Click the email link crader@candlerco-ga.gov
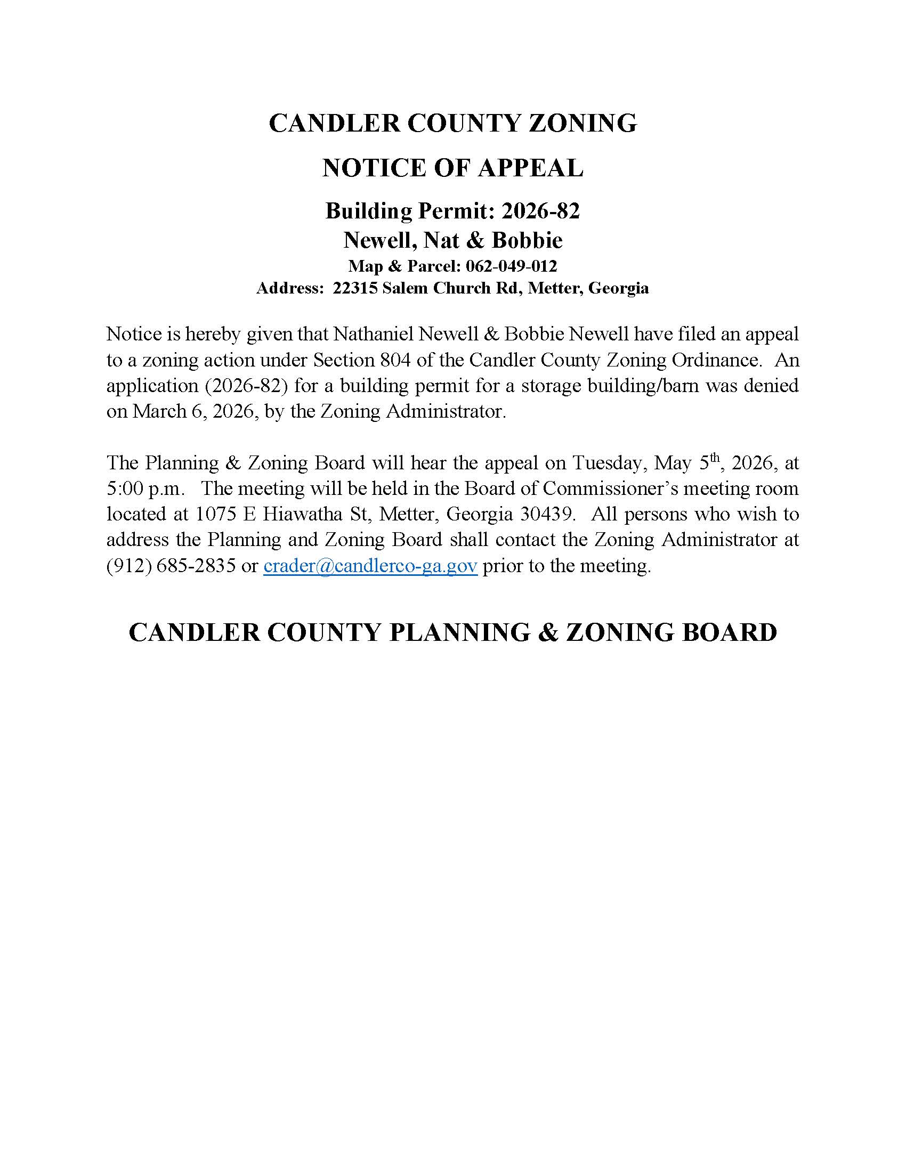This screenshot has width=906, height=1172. tap(370, 566)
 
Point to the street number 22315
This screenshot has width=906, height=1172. tap(355, 288)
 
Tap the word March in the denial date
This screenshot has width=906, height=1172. tap(158, 411)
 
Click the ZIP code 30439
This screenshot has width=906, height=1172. tap(547, 514)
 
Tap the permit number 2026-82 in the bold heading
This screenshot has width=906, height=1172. tap(540, 211)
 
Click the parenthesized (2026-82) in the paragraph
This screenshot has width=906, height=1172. tap(247, 385)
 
